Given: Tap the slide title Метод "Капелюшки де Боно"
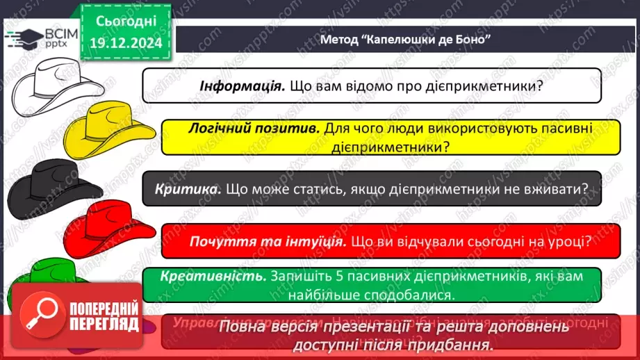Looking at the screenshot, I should (405, 38).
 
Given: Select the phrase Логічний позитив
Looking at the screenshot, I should (253, 129).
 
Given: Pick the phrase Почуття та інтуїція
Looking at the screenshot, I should (268, 242).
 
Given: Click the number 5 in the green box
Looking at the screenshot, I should (329, 276).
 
